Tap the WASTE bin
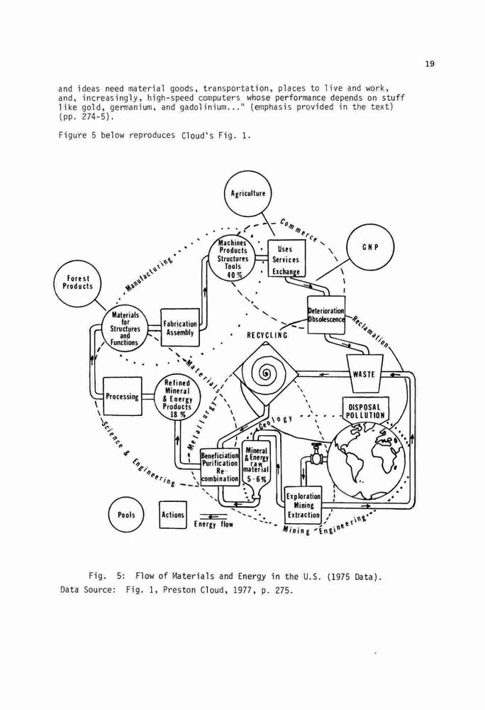pos(364,373)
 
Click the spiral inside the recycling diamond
pos(265,374)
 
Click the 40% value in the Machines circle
pos(233,275)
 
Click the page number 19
pos(430,64)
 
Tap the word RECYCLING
pos(267,336)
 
